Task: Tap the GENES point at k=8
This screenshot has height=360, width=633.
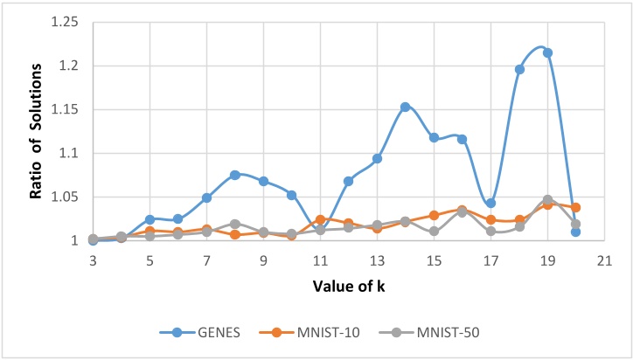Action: point(234,175)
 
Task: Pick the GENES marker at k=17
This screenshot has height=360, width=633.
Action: point(490,203)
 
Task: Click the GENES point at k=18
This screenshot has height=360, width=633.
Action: point(519,69)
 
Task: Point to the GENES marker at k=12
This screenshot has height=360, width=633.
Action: point(348,181)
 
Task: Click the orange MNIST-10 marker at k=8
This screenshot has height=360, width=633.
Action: point(234,234)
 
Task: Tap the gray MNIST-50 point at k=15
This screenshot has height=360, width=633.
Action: point(434,232)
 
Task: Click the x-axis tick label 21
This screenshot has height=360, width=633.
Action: point(604,260)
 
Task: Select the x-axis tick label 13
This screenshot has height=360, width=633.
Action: point(377,260)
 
